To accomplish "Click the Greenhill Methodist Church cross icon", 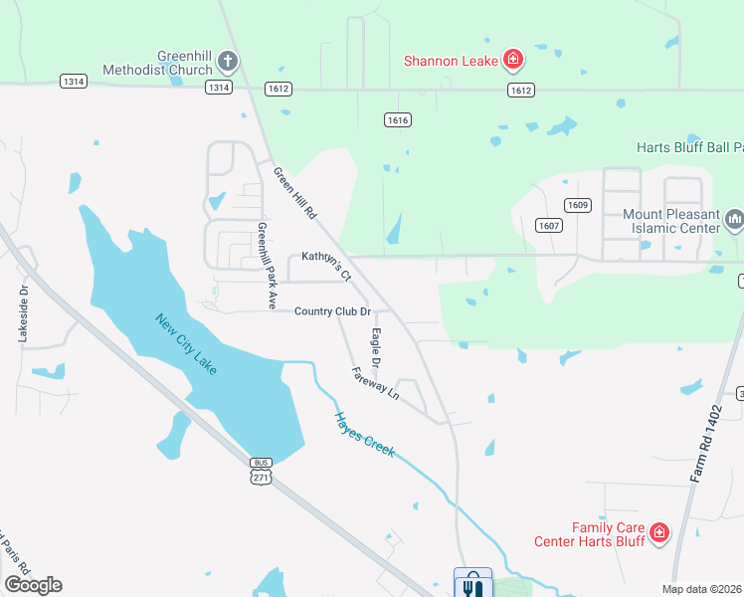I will click(x=227, y=62).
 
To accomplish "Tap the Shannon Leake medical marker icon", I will click(x=513, y=61).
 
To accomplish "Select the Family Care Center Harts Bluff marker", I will click(x=658, y=534).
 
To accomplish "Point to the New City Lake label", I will click(x=186, y=344).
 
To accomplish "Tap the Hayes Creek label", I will click(x=364, y=435).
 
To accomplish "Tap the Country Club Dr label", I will click(x=332, y=311).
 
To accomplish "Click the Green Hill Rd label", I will click(x=294, y=192).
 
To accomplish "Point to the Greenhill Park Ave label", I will click(x=266, y=266).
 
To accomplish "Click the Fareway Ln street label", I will click(x=375, y=383).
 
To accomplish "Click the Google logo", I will click(x=33, y=585).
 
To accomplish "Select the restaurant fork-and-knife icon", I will click(x=471, y=586).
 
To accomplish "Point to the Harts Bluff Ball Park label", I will click(x=689, y=147).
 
